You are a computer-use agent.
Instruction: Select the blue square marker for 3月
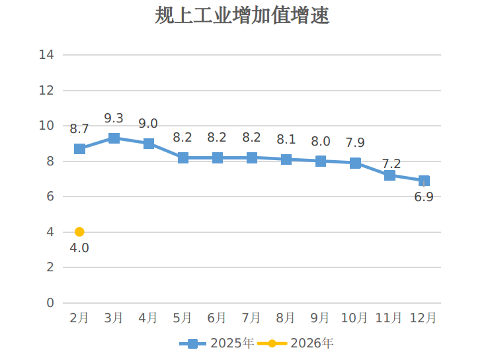(x=114, y=138)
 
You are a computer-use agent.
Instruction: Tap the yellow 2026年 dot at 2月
(x=79, y=232)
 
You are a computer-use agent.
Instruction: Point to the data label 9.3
(x=114, y=118)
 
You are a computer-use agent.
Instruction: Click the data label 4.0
(x=79, y=248)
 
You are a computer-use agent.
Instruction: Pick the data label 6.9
(x=423, y=197)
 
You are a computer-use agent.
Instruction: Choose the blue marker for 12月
(x=424, y=181)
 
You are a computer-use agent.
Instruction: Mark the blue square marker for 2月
(x=79, y=149)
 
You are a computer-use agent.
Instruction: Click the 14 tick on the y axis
(x=46, y=55)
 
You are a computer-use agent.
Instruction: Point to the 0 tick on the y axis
(x=50, y=303)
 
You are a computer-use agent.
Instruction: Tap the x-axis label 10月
(x=354, y=318)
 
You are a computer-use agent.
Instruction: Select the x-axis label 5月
(x=183, y=318)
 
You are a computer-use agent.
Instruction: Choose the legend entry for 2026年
(x=296, y=343)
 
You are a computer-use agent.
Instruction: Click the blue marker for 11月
(x=389, y=175)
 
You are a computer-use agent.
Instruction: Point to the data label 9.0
(x=148, y=124)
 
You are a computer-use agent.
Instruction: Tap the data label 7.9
(x=355, y=143)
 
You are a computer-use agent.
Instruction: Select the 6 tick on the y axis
(x=50, y=197)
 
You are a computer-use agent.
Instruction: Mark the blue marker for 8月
(x=286, y=159)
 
